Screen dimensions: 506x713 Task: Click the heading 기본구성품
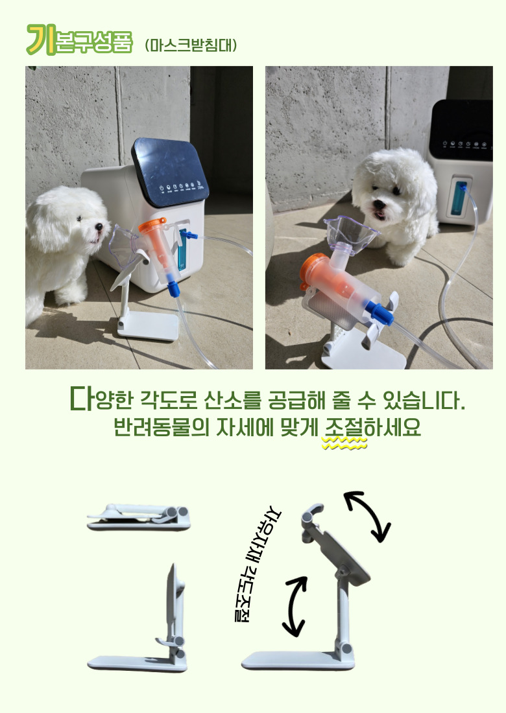tap(79, 40)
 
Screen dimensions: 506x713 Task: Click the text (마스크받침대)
tap(191, 45)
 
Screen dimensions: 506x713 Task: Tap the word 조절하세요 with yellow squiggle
tap(372, 427)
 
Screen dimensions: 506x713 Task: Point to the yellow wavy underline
tap(344, 443)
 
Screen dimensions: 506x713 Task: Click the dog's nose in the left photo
tap(99, 226)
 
